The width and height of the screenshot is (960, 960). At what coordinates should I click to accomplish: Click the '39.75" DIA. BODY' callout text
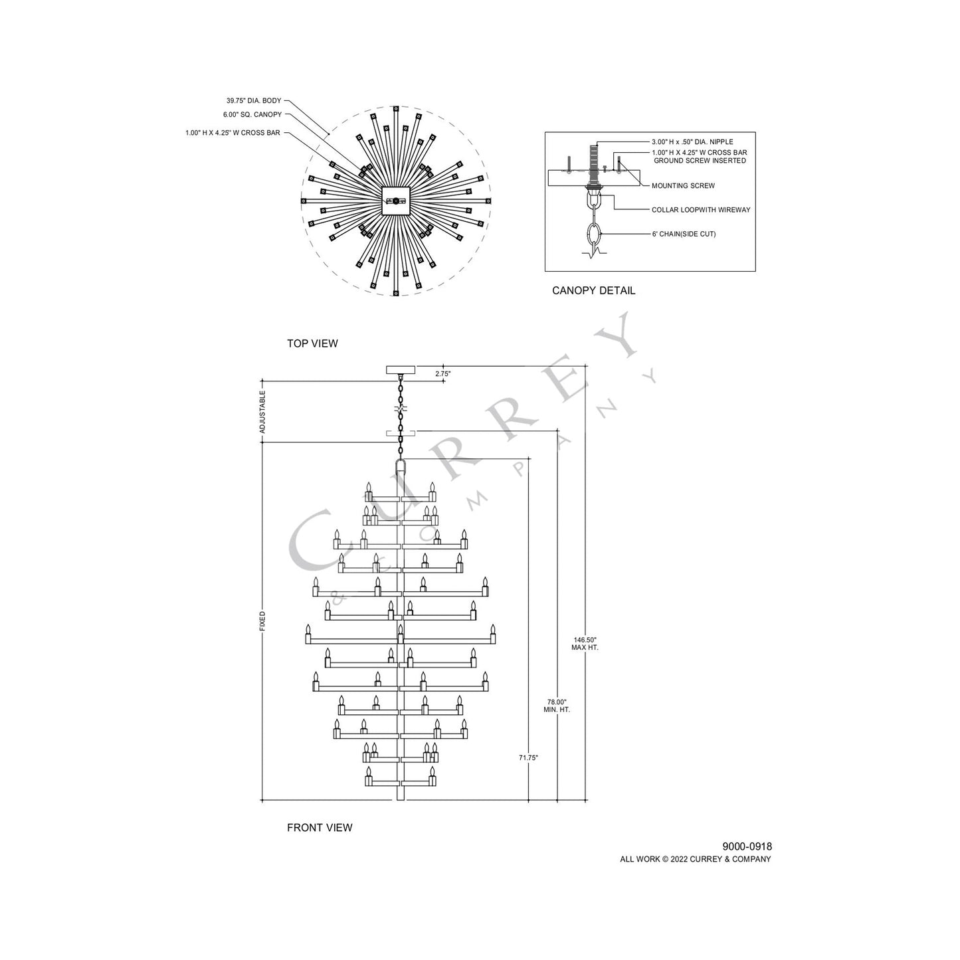point(253,101)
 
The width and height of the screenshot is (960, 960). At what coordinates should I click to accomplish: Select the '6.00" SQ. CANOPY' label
point(252,115)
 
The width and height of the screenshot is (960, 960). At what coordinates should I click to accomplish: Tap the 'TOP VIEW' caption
point(312,343)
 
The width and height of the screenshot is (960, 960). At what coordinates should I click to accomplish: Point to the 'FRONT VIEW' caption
point(320,828)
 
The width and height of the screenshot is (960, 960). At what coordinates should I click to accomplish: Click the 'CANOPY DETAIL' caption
point(593,290)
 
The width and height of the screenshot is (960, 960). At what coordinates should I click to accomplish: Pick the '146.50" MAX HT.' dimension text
point(585,643)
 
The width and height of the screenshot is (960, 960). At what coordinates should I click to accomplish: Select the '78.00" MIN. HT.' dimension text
point(557,706)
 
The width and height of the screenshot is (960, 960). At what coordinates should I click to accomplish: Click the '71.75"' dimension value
point(528,757)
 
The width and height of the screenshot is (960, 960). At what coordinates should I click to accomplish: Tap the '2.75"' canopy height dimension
point(443,374)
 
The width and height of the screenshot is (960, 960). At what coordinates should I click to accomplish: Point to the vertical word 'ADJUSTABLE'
point(262,412)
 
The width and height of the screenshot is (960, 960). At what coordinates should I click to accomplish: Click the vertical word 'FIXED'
point(262,621)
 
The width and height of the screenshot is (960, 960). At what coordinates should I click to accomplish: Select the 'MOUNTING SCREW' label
point(683,186)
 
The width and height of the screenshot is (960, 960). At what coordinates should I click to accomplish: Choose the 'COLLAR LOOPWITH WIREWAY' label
point(701,210)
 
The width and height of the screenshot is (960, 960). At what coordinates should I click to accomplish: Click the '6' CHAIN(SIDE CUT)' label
point(684,235)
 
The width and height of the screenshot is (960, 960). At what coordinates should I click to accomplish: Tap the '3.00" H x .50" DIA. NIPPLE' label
point(692,142)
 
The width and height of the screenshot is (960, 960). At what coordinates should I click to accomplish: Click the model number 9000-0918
point(747,846)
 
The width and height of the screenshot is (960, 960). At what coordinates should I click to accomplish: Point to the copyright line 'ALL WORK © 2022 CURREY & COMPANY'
point(696,859)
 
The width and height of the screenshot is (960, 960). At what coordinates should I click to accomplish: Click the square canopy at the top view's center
point(396,201)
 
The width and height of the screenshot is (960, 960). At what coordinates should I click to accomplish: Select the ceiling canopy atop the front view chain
point(401,369)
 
